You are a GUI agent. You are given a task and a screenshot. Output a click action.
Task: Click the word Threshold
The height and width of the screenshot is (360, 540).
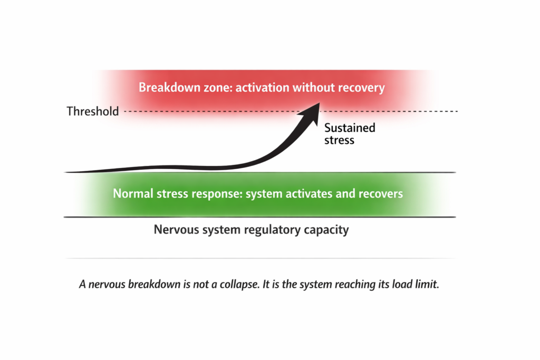(92, 112)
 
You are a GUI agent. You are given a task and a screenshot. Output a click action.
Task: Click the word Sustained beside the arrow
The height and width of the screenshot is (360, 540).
(350, 128)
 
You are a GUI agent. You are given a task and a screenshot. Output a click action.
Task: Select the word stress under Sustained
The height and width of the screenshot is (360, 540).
(339, 140)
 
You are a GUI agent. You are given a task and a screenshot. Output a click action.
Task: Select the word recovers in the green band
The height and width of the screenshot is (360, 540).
(381, 193)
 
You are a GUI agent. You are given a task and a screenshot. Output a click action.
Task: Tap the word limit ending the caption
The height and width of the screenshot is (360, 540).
(428, 285)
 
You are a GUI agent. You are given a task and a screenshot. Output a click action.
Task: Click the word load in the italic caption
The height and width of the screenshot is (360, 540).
(403, 285)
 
